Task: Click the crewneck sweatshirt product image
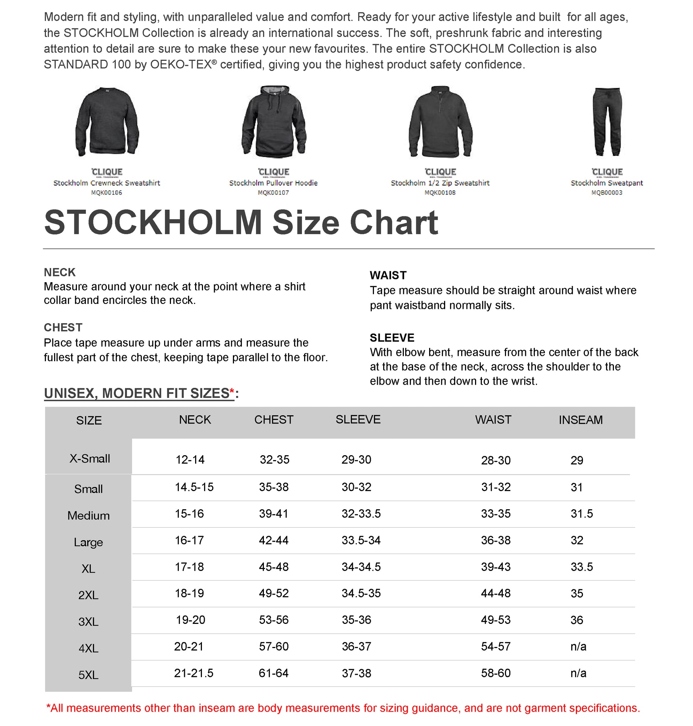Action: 107,122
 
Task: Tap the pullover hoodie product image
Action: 274,122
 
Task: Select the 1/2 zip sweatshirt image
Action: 440,122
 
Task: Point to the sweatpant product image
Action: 607,122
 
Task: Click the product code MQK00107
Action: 273,192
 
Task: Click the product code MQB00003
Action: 606,192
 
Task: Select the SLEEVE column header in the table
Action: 358,419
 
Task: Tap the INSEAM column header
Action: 580,420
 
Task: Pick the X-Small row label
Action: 90,458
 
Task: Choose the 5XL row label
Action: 88,675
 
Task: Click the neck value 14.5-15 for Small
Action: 194,487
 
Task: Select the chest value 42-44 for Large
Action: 274,540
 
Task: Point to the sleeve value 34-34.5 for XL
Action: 361,567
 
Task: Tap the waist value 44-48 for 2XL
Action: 496,593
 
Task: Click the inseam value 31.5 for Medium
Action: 582,514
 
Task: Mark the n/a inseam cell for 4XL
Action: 578,646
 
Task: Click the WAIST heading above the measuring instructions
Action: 388,275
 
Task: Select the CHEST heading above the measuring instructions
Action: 63,327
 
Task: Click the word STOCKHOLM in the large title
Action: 153,222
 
